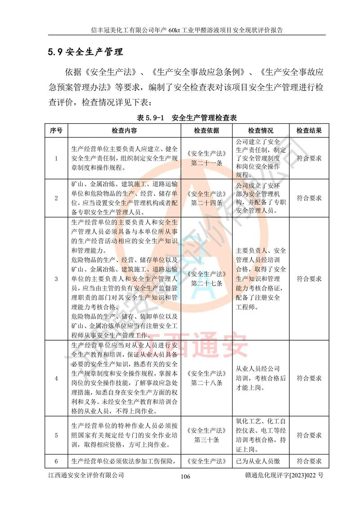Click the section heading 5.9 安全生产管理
point(85,51)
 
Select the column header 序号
point(56,131)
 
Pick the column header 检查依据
point(207,131)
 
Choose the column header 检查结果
point(309,131)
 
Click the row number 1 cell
point(56,158)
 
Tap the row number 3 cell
point(56,279)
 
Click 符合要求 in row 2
point(309,198)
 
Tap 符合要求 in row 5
point(309,435)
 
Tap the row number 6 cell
point(56,461)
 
